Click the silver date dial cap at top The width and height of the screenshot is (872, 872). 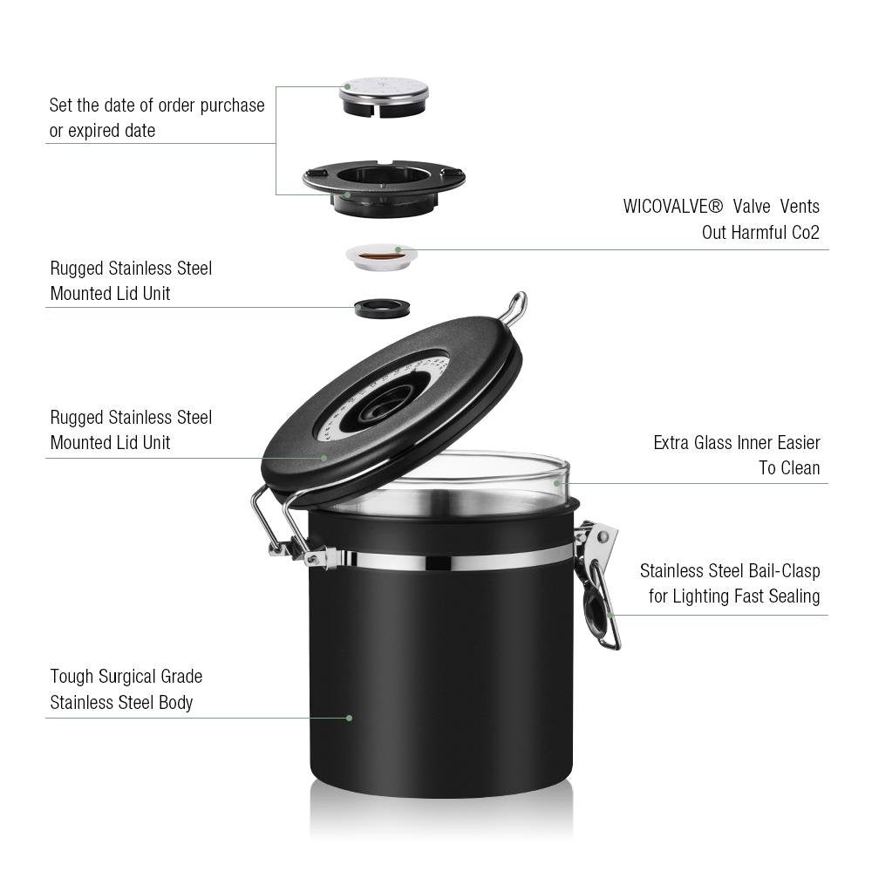point(384,96)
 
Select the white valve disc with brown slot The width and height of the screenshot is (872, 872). point(382,257)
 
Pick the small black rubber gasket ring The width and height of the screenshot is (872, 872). point(382,308)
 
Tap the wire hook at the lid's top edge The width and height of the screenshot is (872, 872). point(514,307)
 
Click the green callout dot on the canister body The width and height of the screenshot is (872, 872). point(350,718)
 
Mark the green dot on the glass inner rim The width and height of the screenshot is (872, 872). point(556,483)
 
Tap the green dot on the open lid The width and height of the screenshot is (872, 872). point(324,458)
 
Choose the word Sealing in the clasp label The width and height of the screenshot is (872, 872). point(794,596)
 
